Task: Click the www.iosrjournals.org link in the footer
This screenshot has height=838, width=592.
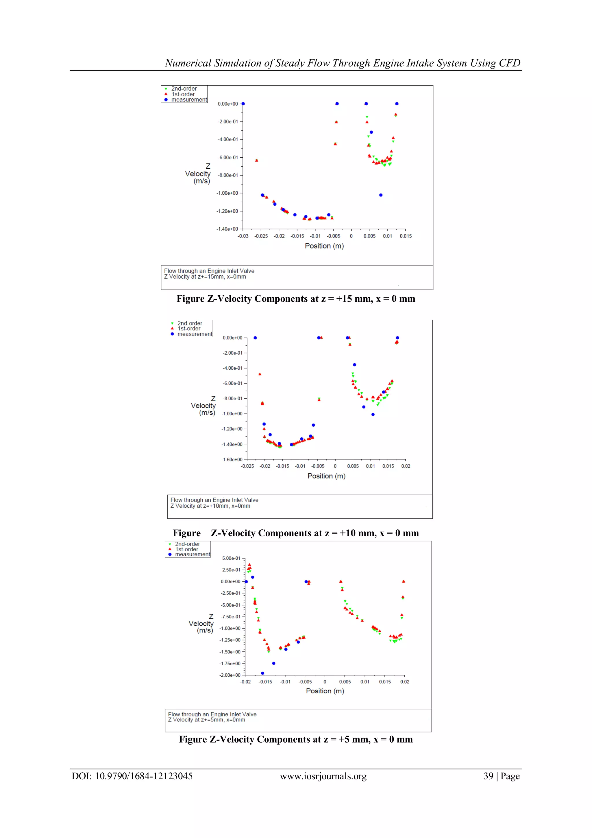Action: pos(323,776)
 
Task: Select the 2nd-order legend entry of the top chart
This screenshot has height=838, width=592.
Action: pos(184,89)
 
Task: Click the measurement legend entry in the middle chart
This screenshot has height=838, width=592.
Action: pos(195,334)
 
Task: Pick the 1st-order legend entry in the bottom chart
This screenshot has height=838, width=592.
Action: pos(187,549)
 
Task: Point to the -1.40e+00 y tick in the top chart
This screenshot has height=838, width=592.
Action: pos(227,229)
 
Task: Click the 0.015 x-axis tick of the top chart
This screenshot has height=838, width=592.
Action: pos(406,236)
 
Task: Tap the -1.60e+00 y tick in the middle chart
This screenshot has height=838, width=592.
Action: pos(232,460)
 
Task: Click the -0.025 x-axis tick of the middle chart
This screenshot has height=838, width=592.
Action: pos(247,466)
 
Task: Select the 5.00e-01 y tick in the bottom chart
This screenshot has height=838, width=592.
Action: pos(231,558)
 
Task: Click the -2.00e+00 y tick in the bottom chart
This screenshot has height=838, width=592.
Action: pos(230,675)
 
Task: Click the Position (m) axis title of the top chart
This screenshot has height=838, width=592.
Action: pos(324,246)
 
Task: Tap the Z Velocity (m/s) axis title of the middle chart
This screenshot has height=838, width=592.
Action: pos(203,406)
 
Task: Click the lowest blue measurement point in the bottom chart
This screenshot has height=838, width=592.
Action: pos(262,673)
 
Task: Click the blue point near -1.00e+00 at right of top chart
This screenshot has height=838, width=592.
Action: pos(381,195)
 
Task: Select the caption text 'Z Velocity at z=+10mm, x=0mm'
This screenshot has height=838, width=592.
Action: pos(210,506)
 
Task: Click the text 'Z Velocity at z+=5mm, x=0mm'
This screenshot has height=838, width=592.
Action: pos(206,720)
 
